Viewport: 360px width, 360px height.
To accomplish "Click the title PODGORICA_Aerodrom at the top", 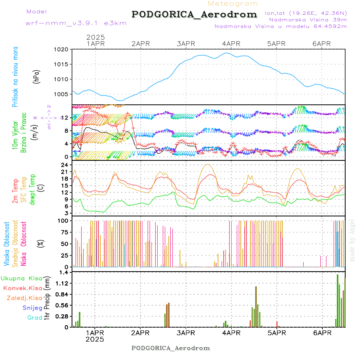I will tap(194, 15).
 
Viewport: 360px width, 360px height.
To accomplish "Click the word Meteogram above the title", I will tap(233, 4).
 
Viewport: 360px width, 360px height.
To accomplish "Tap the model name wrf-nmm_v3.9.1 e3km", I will tap(76, 23).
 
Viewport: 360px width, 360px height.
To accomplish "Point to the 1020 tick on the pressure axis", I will tap(62, 50).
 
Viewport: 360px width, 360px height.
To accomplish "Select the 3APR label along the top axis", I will tap(186, 44).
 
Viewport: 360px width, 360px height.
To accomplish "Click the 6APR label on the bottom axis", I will tap(322, 333).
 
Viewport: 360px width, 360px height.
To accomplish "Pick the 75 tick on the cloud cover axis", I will tap(64, 232).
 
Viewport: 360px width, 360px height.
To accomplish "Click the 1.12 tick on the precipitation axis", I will tap(62, 283).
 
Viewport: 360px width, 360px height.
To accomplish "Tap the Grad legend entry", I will tap(35, 318).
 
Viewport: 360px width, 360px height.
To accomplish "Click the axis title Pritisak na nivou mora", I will tap(15, 77).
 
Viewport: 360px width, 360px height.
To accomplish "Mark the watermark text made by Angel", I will tap(352, 240).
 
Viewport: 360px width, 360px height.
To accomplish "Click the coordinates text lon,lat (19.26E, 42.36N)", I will tap(306, 13).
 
